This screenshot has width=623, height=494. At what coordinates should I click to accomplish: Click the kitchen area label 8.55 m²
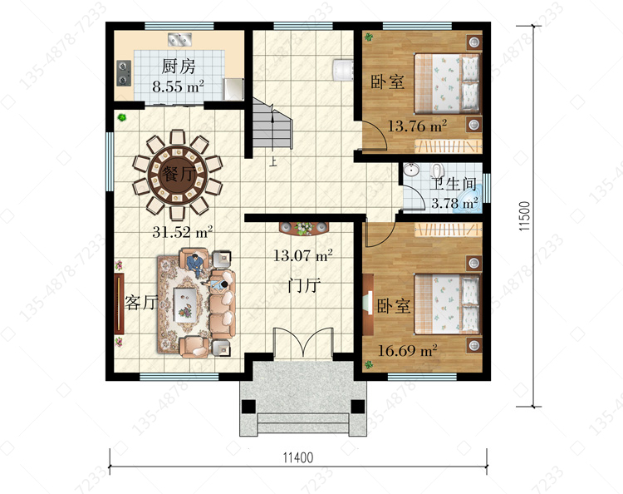(x=179, y=86)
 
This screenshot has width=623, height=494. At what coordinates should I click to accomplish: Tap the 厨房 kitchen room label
(x=179, y=67)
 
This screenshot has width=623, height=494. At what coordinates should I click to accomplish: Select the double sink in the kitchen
(x=179, y=39)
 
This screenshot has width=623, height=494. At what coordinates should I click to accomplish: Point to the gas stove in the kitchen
(x=124, y=73)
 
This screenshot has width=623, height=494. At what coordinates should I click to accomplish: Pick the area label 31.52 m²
(x=183, y=231)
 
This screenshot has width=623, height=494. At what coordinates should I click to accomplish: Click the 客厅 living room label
(x=141, y=303)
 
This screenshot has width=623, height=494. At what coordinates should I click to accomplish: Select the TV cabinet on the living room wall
(x=119, y=304)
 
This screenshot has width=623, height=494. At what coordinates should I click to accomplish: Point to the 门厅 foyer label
(x=303, y=285)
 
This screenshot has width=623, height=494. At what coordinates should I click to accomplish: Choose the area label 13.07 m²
(x=302, y=255)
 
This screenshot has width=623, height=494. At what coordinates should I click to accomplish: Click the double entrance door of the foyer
(x=303, y=342)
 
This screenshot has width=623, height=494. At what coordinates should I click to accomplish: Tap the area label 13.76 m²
(x=417, y=126)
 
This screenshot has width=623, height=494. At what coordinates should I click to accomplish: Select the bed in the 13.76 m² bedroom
(x=448, y=83)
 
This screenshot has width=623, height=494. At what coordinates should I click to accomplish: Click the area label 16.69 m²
(x=407, y=350)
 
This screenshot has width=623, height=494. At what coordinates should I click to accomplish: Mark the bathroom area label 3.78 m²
(x=454, y=203)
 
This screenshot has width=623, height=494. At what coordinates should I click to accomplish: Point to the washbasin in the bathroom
(x=411, y=170)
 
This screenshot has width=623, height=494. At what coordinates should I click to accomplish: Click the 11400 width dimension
(x=298, y=457)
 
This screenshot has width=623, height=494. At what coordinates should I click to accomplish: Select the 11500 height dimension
(x=524, y=216)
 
